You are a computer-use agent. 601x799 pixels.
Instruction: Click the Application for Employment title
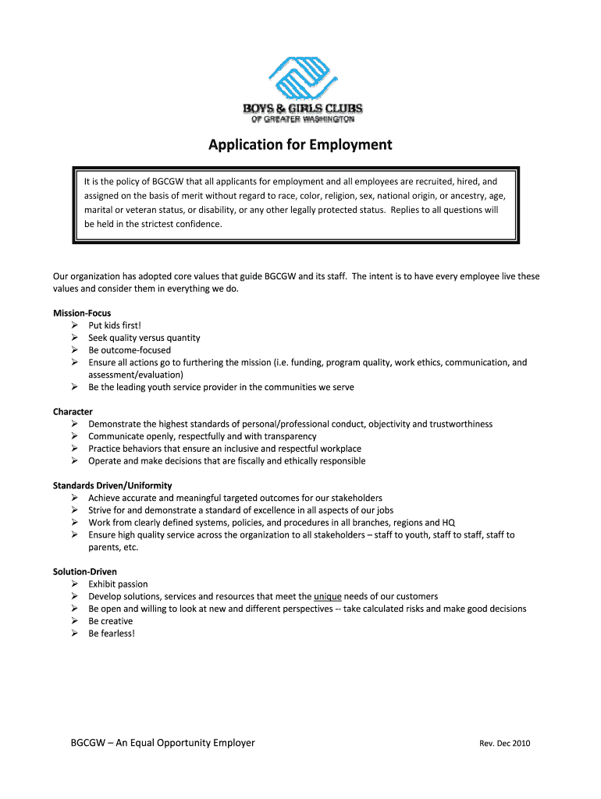coord(300,145)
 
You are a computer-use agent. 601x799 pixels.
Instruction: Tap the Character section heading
coord(73,411)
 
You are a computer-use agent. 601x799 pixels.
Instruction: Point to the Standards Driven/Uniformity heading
coord(112,485)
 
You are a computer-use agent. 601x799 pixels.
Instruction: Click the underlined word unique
coord(327,596)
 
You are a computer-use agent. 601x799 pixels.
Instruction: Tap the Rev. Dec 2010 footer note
coord(504,744)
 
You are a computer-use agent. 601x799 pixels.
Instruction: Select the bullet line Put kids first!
coord(115,325)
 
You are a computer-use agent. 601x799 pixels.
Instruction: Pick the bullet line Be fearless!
coord(112,634)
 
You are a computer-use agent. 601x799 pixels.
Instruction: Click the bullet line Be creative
coord(111,621)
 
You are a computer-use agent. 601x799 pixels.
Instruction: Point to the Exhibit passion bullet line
coord(118,584)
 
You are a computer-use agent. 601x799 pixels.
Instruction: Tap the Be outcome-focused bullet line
coord(130,350)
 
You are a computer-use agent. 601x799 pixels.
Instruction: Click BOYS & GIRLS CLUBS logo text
coord(301,108)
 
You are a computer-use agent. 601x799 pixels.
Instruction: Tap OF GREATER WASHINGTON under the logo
coord(302,119)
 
